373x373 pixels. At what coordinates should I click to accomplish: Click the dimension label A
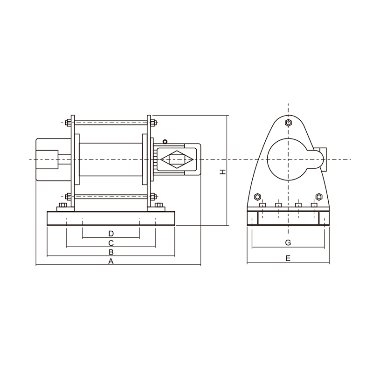pos(111,262)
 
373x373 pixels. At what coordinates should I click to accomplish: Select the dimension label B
pos(111,252)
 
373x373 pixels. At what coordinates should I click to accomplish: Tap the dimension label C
pos(111,243)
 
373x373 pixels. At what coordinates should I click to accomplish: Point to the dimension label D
pos(111,233)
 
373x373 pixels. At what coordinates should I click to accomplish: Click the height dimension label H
pos(223,172)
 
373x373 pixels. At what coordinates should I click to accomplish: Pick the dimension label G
pos(288,243)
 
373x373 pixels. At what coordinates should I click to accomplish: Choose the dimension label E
pos(288,258)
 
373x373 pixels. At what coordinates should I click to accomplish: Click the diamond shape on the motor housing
pos(177,160)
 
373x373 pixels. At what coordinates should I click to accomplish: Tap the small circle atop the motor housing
pos(165,141)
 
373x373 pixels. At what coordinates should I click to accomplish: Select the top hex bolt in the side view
pos(288,123)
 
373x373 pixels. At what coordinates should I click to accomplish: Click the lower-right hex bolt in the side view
pos(319,196)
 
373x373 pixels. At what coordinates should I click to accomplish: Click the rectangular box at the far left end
pos(47,160)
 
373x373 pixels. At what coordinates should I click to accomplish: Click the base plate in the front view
pos(111,218)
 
